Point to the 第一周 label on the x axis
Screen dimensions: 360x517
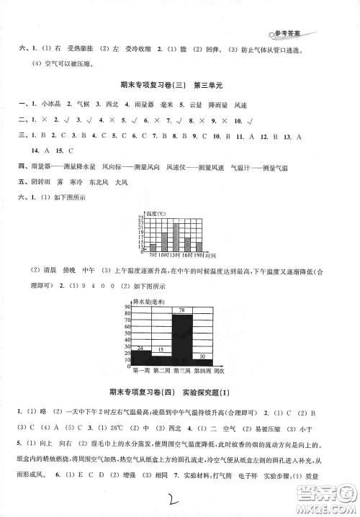coord(144,371)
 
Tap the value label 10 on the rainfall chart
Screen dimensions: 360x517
coord(202,356)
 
